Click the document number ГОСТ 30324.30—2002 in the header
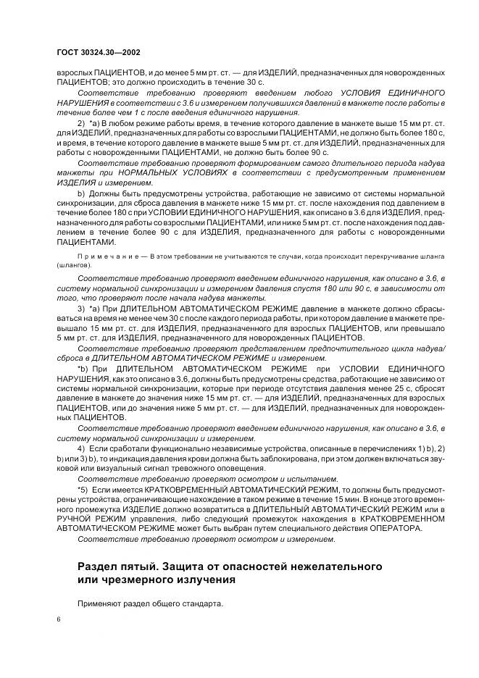[98, 53]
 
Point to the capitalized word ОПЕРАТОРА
[396, 529]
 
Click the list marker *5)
[86, 491]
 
